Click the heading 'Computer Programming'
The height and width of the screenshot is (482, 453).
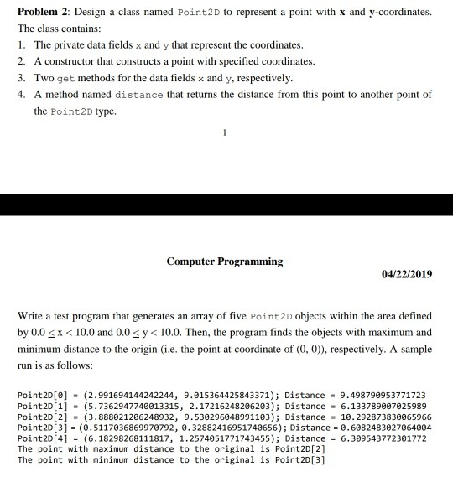pos(226,262)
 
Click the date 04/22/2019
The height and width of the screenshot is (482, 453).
pos(406,274)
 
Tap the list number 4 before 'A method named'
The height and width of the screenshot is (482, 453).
pos(22,95)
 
